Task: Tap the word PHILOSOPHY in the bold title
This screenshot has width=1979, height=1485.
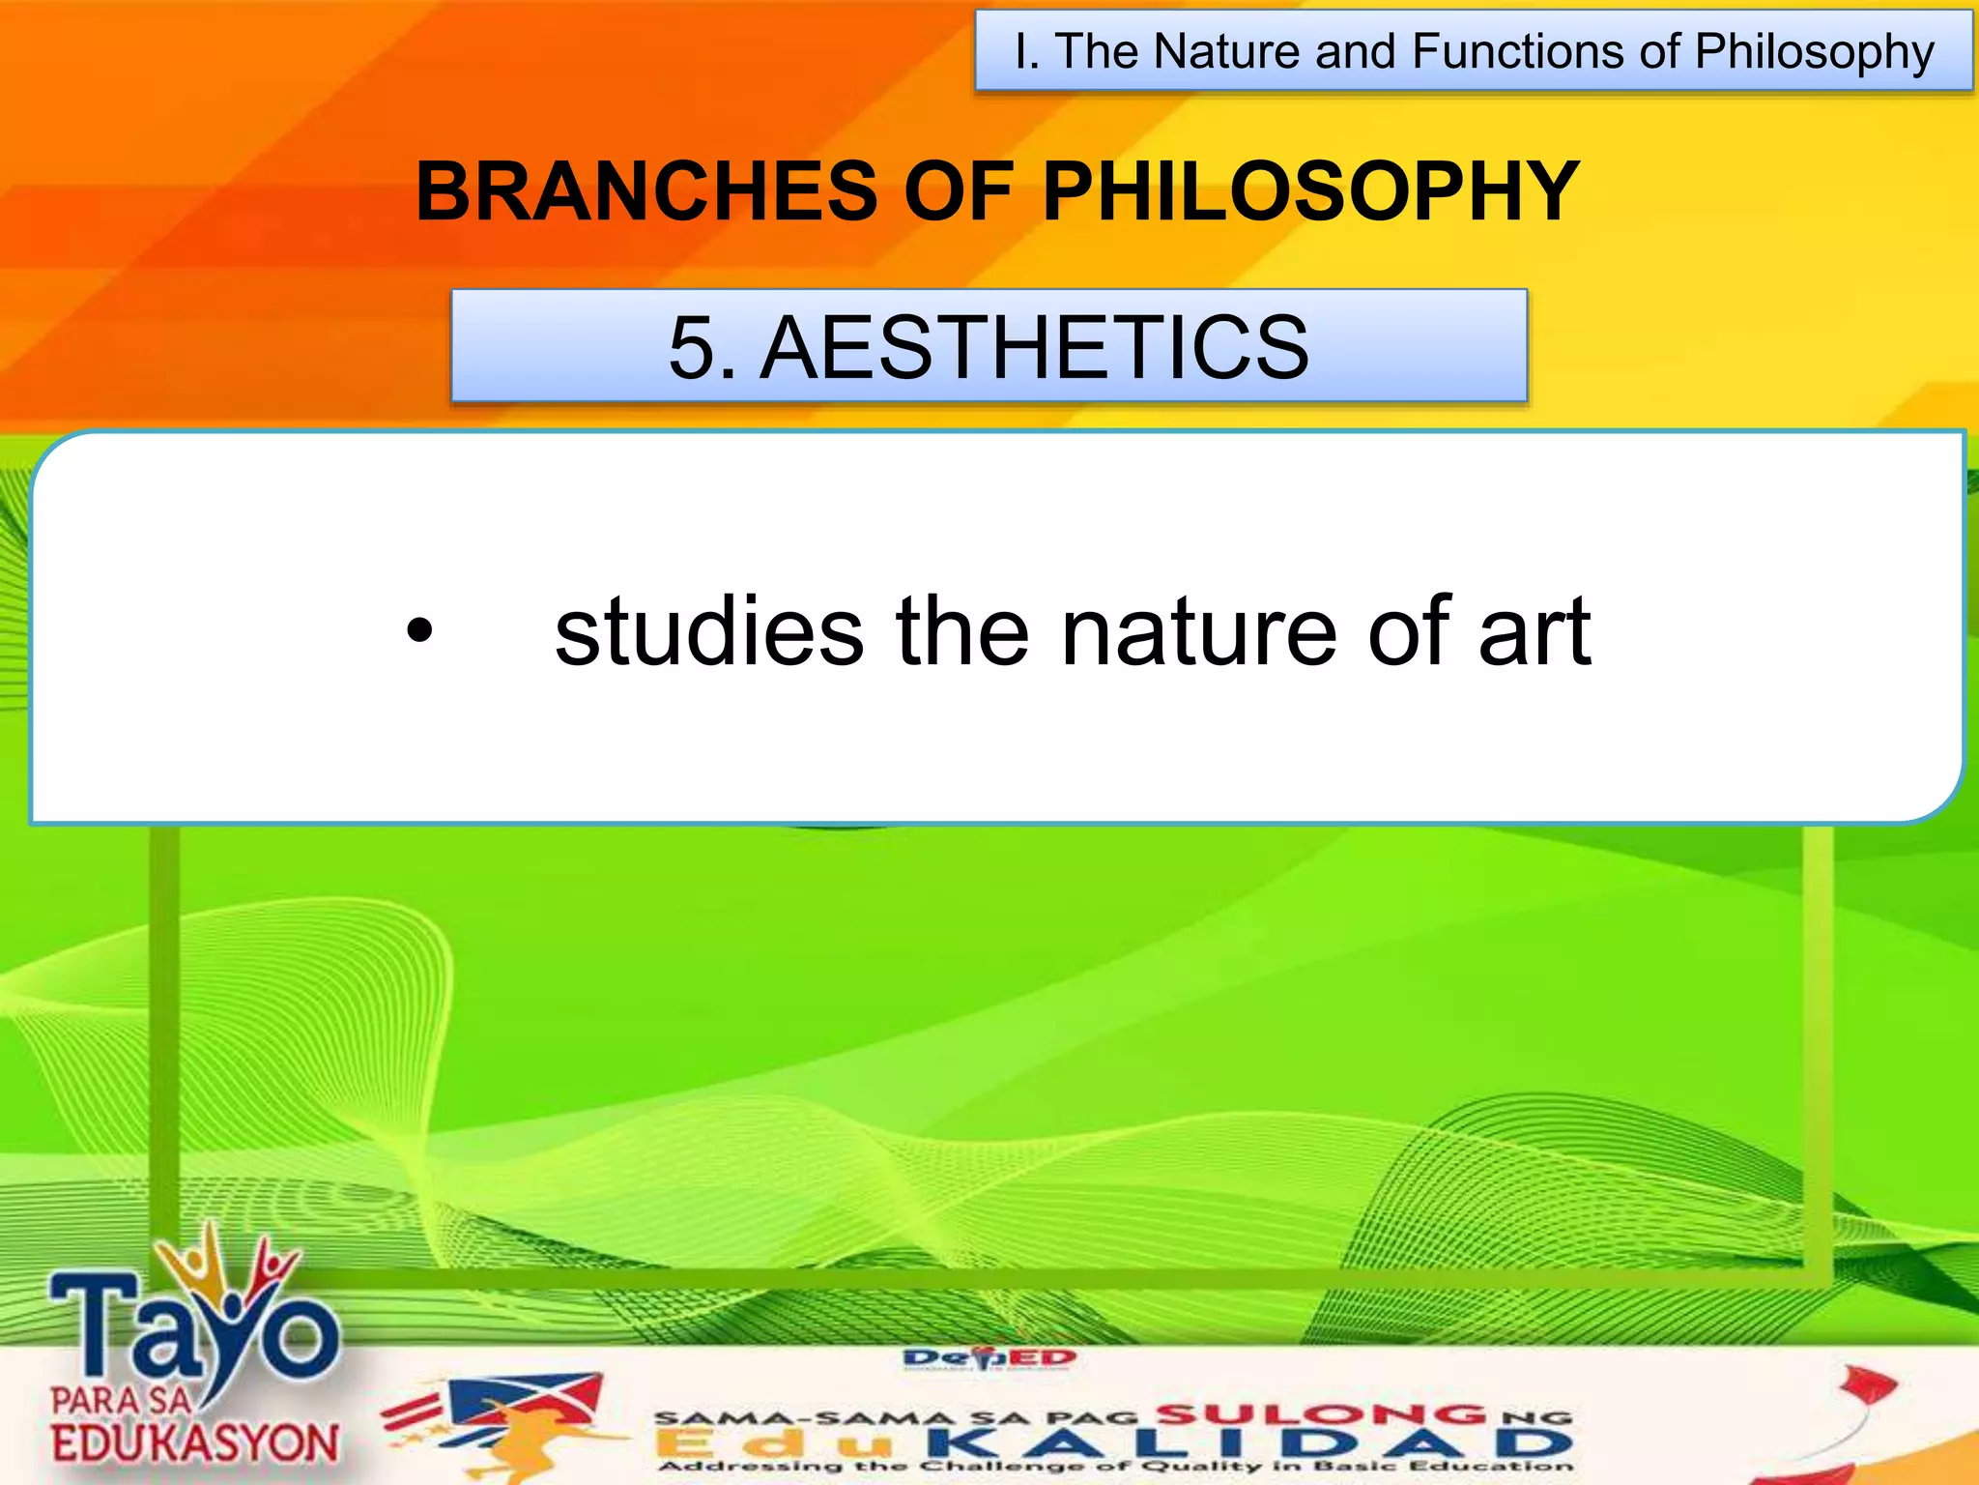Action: [1310, 191]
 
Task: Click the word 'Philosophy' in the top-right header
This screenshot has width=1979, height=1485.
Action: [1814, 53]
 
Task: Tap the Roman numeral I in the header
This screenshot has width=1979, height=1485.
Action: [1023, 51]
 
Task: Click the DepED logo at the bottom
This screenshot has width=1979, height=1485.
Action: [989, 1359]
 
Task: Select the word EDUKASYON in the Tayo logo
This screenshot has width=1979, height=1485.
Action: [195, 1444]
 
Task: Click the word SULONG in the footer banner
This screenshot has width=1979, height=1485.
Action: [1321, 1415]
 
